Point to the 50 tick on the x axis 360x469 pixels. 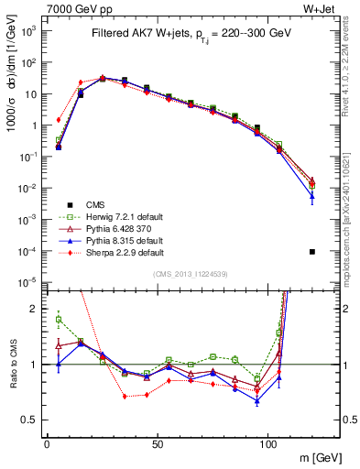[x=158, y=442]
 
